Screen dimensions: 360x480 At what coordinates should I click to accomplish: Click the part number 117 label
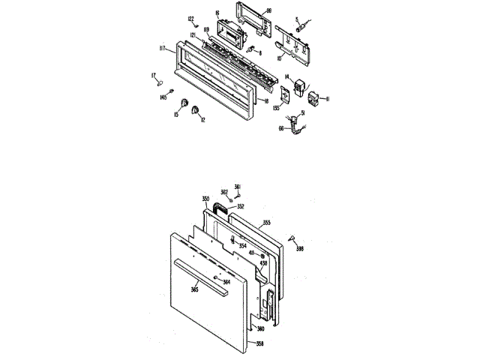click(x=162, y=50)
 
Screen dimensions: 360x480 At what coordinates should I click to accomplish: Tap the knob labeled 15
click(x=180, y=105)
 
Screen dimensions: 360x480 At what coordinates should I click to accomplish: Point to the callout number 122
click(x=190, y=19)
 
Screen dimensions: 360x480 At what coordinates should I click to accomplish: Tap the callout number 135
click(x=277, y=107)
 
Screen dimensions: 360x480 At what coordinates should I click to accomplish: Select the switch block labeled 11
click(x=315, y=98)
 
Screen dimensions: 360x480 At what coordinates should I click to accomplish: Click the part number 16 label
click(x=217, y=13)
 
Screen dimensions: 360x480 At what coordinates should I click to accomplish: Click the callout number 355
click(x=266, y=223)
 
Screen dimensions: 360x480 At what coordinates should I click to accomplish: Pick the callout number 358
click(x=260, y=344)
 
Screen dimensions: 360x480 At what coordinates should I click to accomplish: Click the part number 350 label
click(x=205, y=199)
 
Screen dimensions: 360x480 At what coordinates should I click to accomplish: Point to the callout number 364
click(x=226, y=282)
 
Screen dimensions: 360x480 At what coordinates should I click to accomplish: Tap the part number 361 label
click(x=238, y=186)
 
